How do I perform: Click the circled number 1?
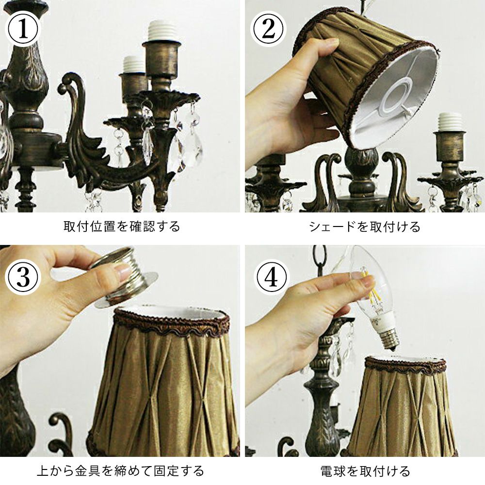tap(23, 29)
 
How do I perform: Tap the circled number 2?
tap(268, 29)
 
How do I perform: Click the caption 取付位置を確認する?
tap(122, 226)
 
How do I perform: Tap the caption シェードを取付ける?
tap(365, 226)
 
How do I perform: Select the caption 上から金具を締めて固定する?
tap(120, 471)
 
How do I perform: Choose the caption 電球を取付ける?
tap(365, 471)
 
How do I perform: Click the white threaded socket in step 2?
tap(450, 123)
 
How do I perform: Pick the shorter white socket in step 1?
tap(134, 65)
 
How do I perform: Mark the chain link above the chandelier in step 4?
tap(320, 257)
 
